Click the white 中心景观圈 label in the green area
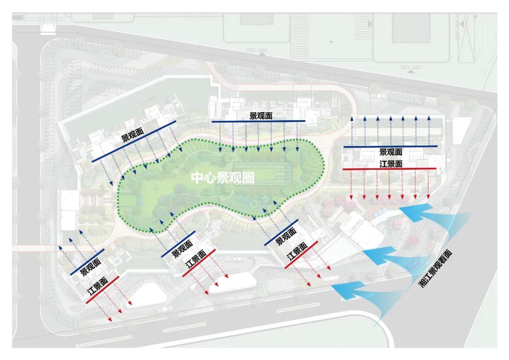tap(223, 178)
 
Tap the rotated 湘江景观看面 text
tap(435, 269)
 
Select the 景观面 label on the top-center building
tap(261, 116)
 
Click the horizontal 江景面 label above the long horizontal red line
tap(391, 164)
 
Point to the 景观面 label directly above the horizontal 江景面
tap(391, 152)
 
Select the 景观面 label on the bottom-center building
tap(181, 248)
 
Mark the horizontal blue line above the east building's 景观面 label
tap(390, 147)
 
